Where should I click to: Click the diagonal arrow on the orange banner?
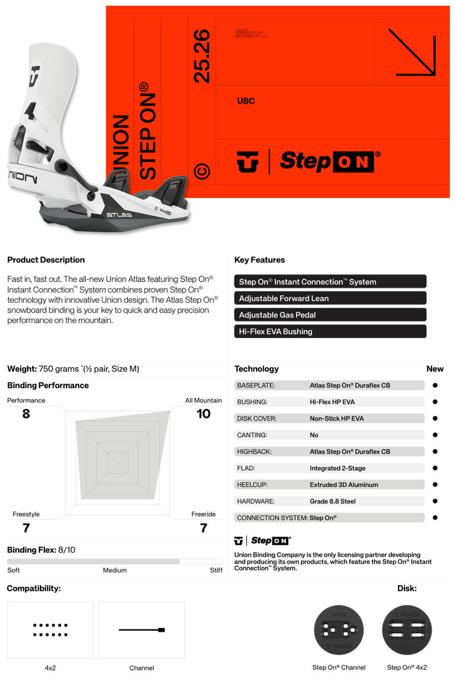[x=415, y=52]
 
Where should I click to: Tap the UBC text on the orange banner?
[x=246, y=101]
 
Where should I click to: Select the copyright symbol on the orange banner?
[x=202, y=171]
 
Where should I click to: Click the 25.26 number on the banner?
[x=202, y=57]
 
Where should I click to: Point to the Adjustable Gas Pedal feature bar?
[x=330, y=315]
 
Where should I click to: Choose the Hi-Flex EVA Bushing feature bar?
[x=330, y=331]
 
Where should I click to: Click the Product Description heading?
[x=46, y=260]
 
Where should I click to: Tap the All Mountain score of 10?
[x=204, y=414]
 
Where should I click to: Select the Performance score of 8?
[x=26, y=414]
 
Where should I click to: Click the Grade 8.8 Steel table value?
[x=333, y=501]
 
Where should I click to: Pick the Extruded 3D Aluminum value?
[x=344, y=485]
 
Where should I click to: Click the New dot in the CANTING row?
[x=435, y=435]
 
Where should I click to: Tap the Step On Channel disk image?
[x=339, y=630]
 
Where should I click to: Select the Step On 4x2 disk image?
[x=407, y=630]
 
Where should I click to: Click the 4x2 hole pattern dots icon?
[x=50, y=629]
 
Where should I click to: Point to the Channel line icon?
[x=142, y=630]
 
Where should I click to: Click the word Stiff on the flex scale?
[x=216, y=570]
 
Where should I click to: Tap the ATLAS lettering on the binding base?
[x=119, y=215]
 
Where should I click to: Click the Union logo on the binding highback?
[x=35, y=75]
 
